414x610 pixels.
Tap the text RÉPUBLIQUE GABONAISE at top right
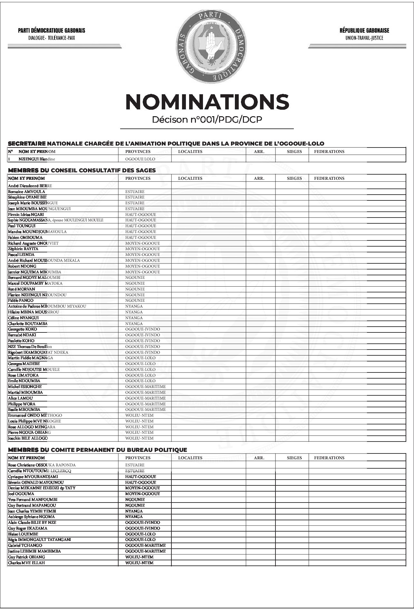click(x=364, y=31)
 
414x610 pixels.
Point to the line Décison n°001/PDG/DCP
click(x=207, y=120)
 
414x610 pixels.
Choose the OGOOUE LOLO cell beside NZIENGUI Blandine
click(x=140, y=159)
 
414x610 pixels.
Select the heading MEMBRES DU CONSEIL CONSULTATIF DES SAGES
click(x=82, y=170)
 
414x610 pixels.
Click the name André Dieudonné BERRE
click(x=30, y=186)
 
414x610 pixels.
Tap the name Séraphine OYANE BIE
click(x=27, y=197)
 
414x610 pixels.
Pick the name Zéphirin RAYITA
click(x=23, y=249)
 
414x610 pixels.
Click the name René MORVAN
click(x=22, y=289)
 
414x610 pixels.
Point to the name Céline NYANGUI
click(x=24, y=318)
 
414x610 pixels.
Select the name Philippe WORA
click(x=22, y=404)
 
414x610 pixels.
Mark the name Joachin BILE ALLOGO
click(x=28, y=438)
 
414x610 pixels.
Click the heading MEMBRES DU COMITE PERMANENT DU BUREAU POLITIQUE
click(x=97, y=450)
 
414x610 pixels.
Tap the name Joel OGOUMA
click(x=21, y=494)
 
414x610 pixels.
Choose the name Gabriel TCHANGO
click(x=25, y=545)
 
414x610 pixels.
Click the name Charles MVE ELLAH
click(x=26, y=563)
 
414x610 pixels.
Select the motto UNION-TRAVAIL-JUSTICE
click(x=364, y=38)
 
